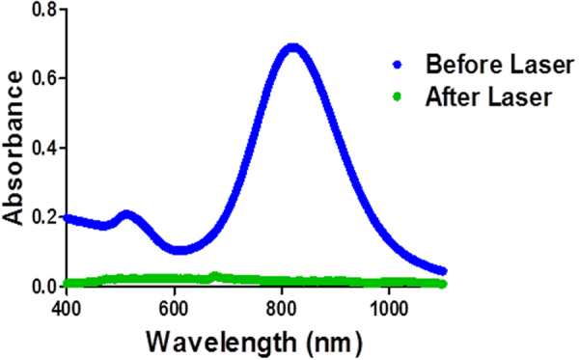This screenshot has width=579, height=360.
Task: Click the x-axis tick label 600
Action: click(174, 308)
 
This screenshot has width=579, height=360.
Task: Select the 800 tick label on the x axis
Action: click(282, 308)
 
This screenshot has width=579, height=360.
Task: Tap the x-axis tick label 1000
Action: click(389, 308)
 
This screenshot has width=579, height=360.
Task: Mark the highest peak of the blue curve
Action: click(293, 48)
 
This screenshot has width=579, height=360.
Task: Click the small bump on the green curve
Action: click(214, 277)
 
